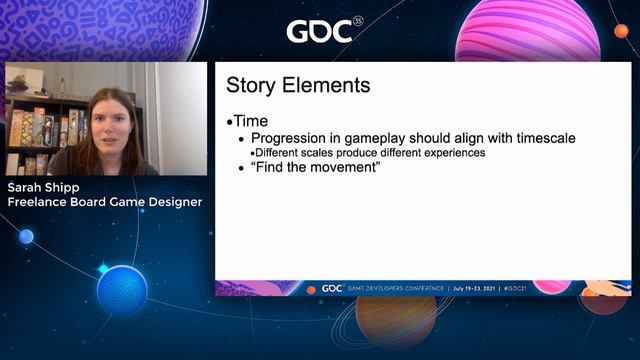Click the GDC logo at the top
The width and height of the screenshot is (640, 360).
[319, 31]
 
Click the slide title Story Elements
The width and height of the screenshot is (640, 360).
[298, 86]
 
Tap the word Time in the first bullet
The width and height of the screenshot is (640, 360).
[250, 121]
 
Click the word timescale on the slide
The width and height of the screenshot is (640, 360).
[539, 138]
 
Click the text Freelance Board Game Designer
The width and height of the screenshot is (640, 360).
[105, 202]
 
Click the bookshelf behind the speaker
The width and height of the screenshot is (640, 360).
[40, 130]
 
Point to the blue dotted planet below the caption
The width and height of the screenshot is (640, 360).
[122, 290]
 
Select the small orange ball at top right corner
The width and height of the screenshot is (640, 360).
[621, 31]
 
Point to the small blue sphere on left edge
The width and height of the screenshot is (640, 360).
[26, 237]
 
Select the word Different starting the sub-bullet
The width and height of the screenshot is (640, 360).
[282, 153]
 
